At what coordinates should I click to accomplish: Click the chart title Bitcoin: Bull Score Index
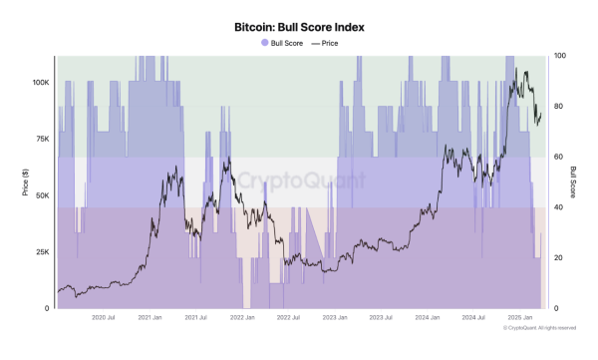click(299, 28)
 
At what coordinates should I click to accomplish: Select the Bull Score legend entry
click(283, 44)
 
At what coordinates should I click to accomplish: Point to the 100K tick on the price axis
click(39, 83)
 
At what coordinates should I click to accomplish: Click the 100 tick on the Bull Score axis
click(559, 56)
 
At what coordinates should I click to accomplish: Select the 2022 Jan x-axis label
click(243, 318)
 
